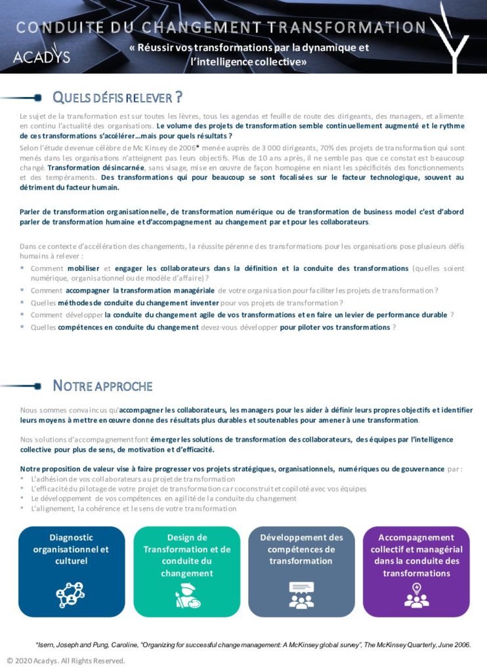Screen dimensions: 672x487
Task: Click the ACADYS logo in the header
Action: click(x=41, y=56)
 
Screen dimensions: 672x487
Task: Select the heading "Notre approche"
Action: click(x=102, y=385)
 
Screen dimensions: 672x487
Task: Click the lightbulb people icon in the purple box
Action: click(x=416, y=595)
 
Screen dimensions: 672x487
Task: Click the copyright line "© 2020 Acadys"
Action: click(x=66, y=661)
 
